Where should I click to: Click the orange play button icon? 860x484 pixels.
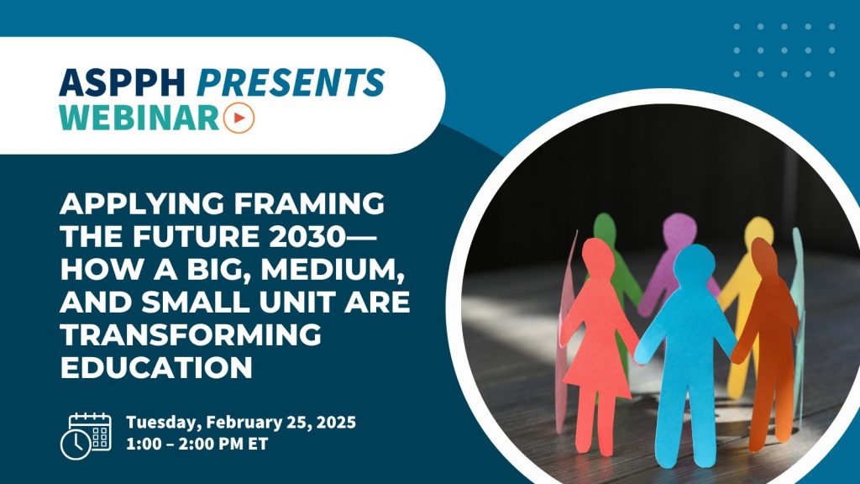[x=239, y=118]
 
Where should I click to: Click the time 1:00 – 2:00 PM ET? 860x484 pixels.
[x=197, y=444]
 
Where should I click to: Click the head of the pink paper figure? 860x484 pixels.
[x=596, y=256]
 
